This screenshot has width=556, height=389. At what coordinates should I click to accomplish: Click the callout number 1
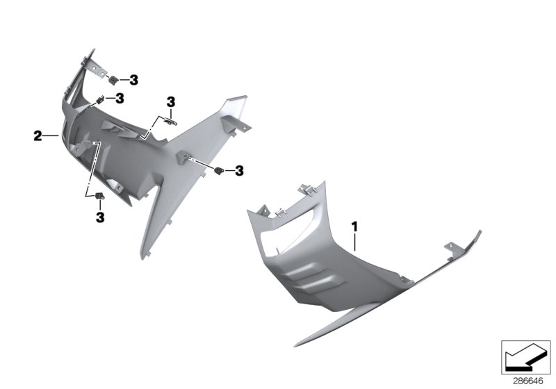(354, 226)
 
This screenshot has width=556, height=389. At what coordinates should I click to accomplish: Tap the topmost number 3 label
(133, 81)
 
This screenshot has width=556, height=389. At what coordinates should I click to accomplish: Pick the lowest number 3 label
(100, 217)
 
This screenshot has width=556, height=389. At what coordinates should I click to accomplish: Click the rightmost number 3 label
(239, 170)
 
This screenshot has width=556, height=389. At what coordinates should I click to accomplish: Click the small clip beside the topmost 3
(114, 80)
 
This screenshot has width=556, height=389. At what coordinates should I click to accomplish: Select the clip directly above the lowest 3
(99, 198)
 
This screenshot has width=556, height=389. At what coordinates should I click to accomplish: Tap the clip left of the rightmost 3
(220, 170)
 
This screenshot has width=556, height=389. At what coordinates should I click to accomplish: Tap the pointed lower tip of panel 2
(147, 258)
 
